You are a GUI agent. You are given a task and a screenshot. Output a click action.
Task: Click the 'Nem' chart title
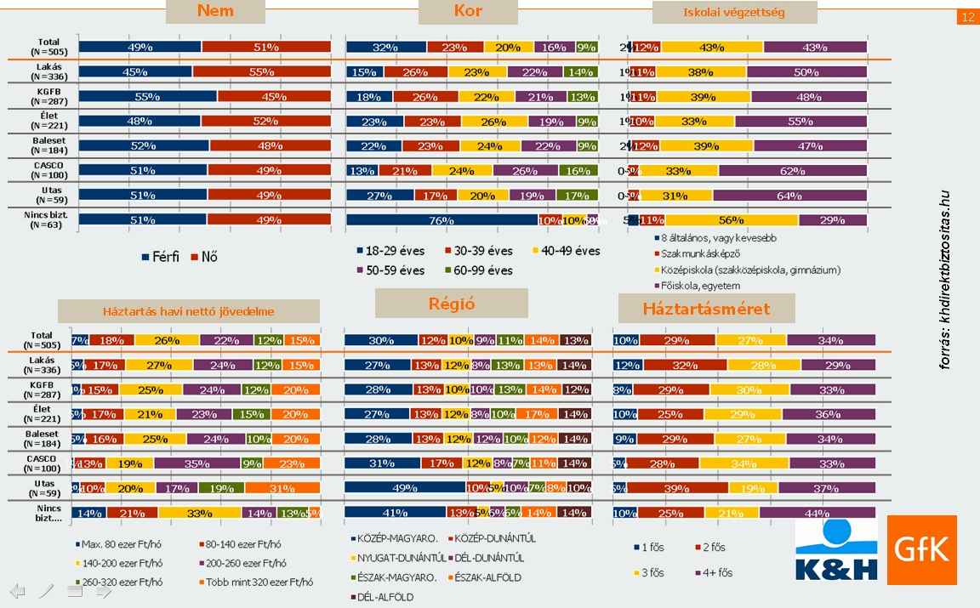214,11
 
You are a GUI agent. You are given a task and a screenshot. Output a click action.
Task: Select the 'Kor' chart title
468,11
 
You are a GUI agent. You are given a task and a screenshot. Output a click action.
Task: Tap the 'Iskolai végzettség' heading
734,13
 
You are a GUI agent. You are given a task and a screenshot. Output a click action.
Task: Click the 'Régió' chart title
451,304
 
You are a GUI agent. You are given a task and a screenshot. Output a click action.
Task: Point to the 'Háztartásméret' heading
706,308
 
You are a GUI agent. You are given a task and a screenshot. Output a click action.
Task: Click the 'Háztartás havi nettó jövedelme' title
188,311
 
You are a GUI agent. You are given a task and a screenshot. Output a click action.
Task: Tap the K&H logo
837,551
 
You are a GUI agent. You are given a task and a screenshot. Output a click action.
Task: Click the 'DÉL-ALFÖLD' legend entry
382,597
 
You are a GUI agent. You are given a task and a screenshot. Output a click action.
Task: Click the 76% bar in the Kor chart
441,220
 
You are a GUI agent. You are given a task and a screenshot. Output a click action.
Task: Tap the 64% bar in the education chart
789,196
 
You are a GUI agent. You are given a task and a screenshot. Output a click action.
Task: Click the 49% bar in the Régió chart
404,487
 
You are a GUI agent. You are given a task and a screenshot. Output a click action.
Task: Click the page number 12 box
967,17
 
